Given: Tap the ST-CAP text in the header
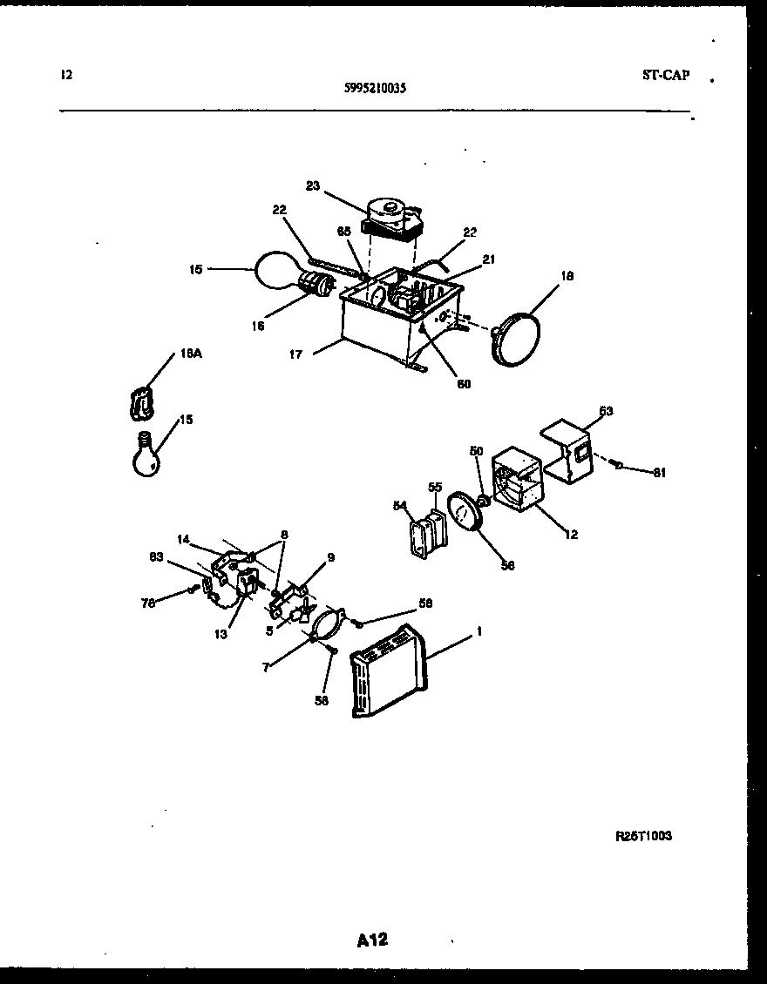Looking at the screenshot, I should pos(665,76).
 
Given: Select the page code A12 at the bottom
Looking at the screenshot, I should pos(372,940).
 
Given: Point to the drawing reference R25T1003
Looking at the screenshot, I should pos(643,835).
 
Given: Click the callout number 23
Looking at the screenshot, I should pos(314,185).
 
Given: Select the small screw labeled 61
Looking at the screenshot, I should pos(615,465).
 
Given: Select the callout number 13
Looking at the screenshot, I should pos(221,634).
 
